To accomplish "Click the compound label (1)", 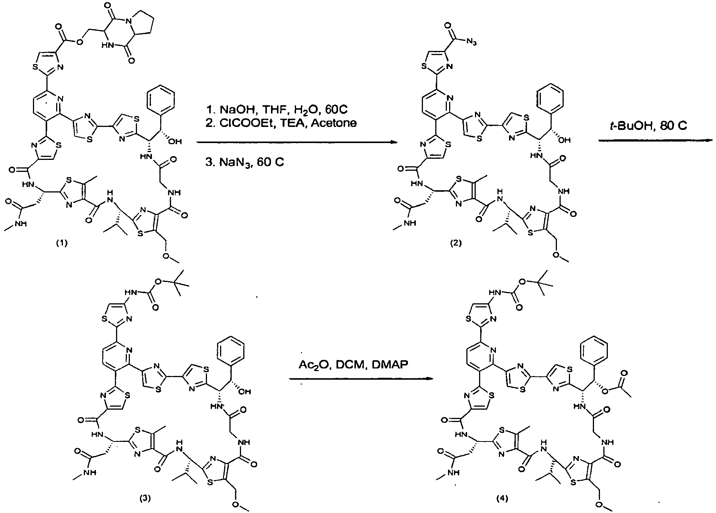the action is pyautogui.click(x=62, y=243).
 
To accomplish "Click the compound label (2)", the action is pyautogui.click(x=456, y=243).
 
